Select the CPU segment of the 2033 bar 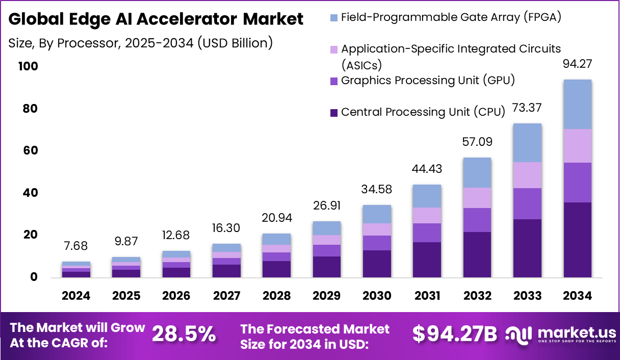pos(527,248)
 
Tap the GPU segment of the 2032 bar pos(477,220)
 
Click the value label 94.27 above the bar pos(577,64)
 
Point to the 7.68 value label pos(76,246)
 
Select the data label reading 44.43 pos(427,169)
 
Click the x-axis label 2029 pos(327,296)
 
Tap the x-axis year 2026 pos(176,296)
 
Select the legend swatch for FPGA pos(334,18)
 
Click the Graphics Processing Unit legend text pos(428,81)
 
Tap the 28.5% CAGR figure pos(184,334)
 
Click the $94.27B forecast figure pos(454,334)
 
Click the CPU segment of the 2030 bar pos(377,264)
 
